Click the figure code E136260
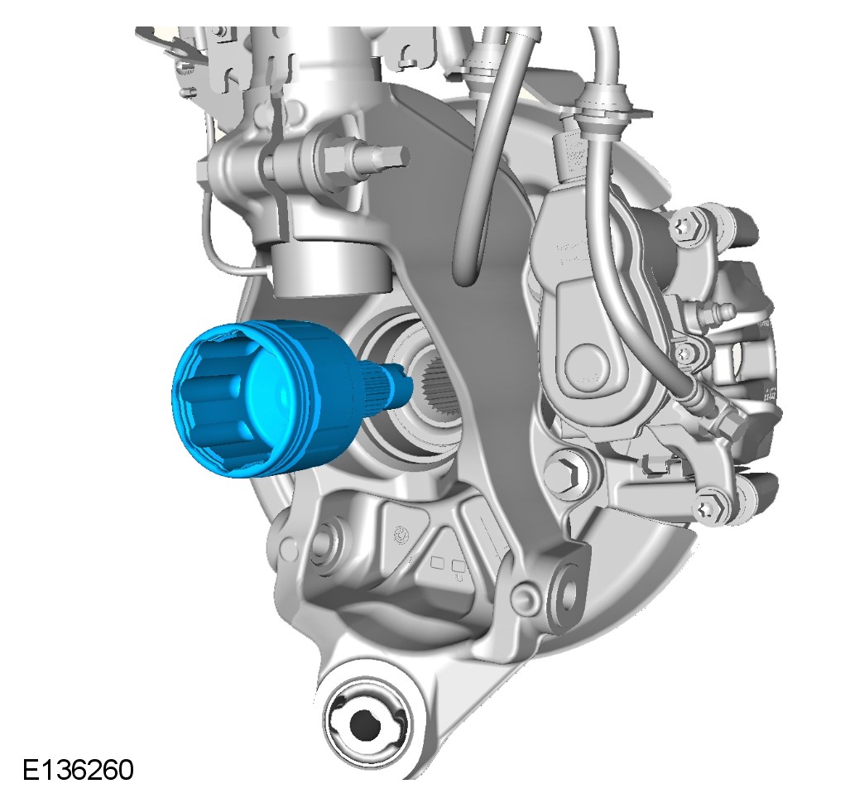(78, 770)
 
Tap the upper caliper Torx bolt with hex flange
(689, 225)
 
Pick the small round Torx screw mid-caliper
(684, 353)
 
